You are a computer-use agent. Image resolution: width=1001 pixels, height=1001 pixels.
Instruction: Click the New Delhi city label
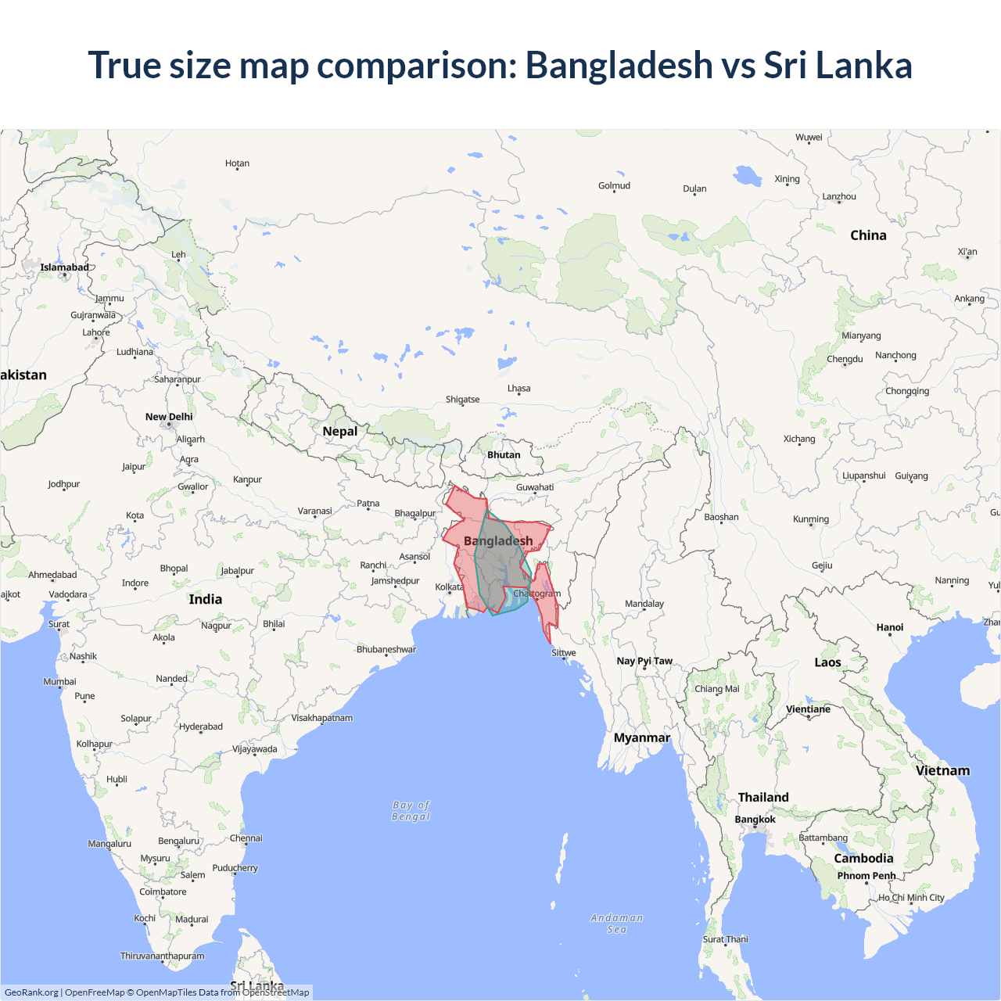[x=169, y=417]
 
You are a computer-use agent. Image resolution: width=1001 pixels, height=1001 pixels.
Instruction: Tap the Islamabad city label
[x=65, y=267]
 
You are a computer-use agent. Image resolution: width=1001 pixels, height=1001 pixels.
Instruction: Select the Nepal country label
[x=340, y=432]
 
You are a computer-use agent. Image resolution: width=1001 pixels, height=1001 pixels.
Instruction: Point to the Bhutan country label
[x=504, y=455]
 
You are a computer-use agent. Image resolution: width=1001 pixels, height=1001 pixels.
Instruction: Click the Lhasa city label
[x=518, y=389]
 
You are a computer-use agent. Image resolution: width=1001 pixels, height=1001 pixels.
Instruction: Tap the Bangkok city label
[x=755, y=820]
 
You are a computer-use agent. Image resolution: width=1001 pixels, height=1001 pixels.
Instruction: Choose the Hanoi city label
[x=890, y=628]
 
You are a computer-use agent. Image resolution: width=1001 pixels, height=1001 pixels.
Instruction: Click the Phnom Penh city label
[x=866, y=876]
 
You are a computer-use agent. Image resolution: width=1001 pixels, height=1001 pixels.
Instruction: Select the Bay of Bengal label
[x=411, y=811]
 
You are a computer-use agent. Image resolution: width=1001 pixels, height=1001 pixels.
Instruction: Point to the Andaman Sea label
[x=617, y=924]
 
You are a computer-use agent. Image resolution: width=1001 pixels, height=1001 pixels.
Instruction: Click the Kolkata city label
[x=449, y=587]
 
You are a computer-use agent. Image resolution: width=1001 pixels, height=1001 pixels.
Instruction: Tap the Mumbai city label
[x=60, y=682]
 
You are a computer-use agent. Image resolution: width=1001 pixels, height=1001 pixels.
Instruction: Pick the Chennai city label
[x=246, y=838]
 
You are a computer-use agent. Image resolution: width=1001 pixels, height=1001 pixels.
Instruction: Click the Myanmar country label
[x=642, y=738]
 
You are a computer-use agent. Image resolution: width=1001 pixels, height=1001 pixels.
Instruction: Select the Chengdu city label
[x=845, y=360]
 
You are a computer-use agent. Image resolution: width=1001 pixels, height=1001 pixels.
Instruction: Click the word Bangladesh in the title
[x=619, y=65]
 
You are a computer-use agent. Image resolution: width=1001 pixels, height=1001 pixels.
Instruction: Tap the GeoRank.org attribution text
[x=31, y=992]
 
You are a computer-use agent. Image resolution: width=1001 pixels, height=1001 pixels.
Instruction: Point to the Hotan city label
[x=237, y=164]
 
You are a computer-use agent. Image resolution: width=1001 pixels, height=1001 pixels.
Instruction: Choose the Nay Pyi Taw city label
[x=644, y=662]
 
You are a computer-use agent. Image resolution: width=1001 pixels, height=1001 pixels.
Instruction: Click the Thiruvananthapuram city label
[x=162, y=956]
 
